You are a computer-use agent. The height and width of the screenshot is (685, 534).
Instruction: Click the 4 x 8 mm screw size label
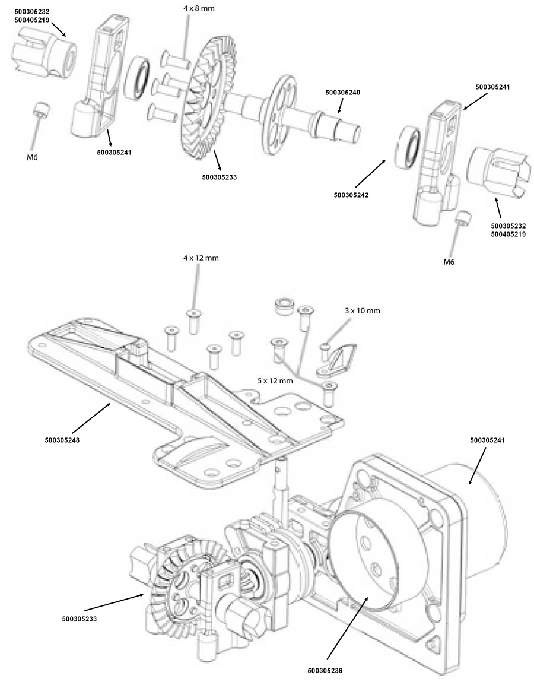click(x=199, y=8)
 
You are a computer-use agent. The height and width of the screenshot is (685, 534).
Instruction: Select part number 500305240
click(x=343, y=93)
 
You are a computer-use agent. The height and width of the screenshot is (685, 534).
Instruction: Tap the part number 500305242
click(x=351, y=195)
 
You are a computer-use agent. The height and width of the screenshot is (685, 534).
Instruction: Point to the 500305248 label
click(x=62, y=440)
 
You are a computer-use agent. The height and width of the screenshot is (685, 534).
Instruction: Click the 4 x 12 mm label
click(x=201, y=258)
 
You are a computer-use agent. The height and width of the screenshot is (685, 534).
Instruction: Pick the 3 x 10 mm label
click(x=363, y=311)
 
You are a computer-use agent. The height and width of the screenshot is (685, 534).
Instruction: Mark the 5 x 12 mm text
click(x=275, y=381)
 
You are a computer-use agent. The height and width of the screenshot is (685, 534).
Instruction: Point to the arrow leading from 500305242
click(x=370, y=175)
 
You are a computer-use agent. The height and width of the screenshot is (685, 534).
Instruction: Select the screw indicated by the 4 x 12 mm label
click(x=193, y=321)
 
